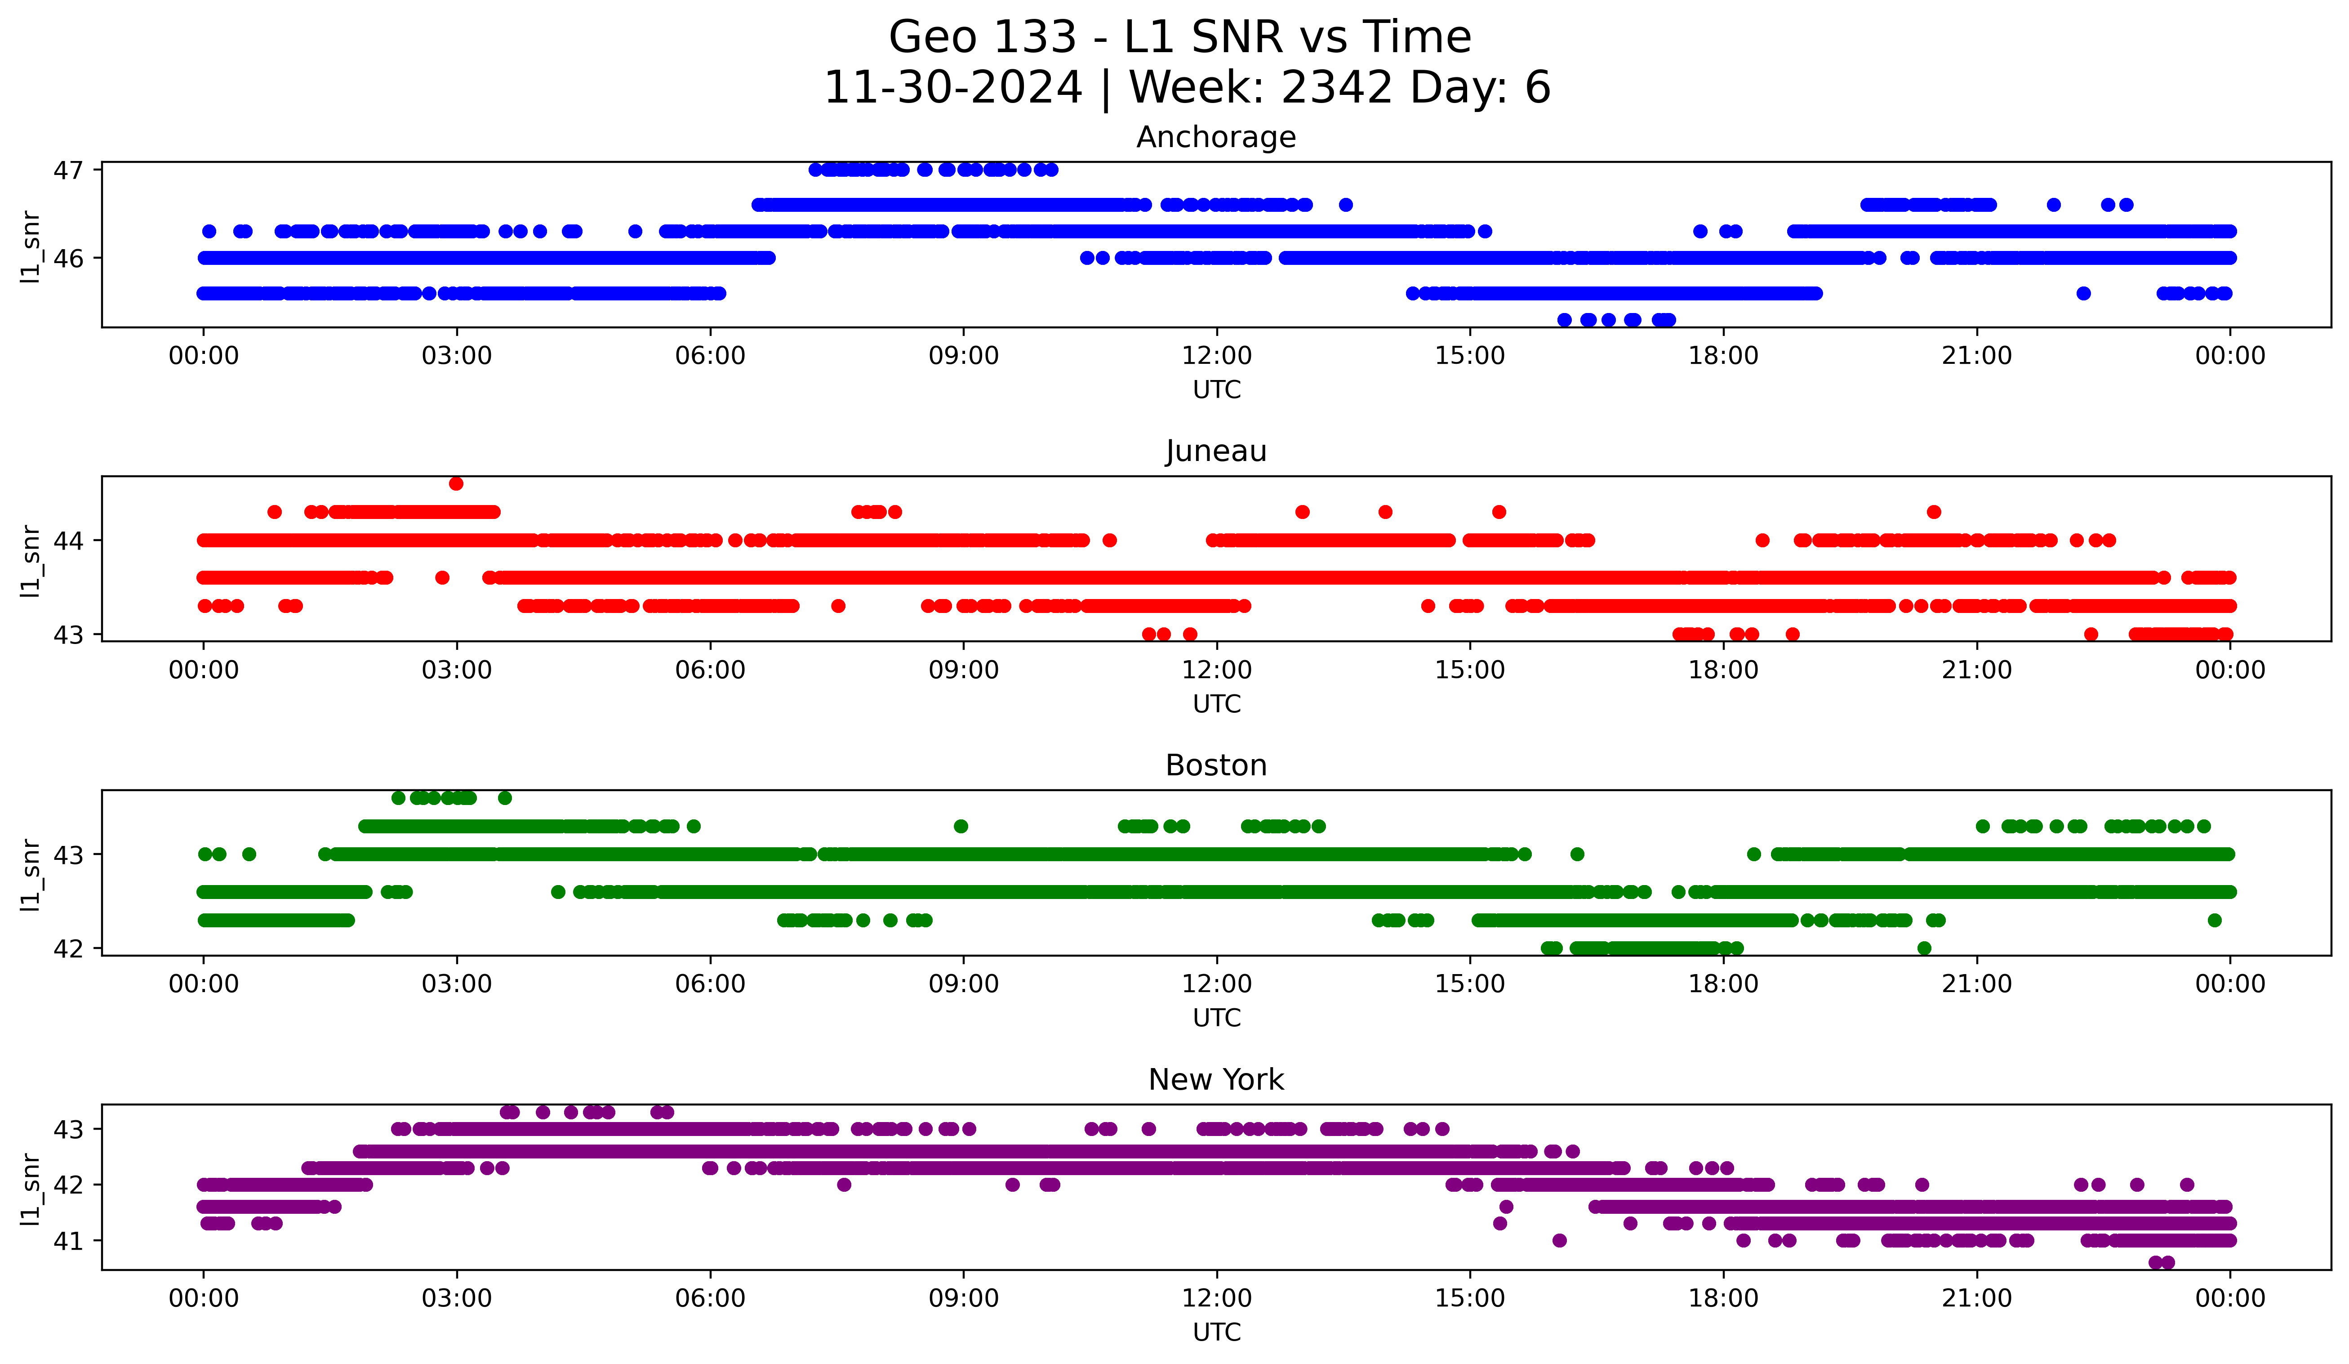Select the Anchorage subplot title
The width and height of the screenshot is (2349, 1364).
tap(1215, 137)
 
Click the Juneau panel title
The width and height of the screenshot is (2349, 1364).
tap(1215, 451)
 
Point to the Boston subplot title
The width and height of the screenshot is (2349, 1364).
tap(1215, 765)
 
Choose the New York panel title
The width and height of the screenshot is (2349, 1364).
tap(1215, 1080)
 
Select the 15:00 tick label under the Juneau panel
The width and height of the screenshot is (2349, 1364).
tap(1470, 671)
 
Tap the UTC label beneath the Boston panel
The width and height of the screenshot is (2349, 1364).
tap(1215, 1018)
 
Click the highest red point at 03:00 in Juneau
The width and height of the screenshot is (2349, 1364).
tap(456, 484)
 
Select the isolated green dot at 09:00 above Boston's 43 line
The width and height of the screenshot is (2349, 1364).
tap(961, 826)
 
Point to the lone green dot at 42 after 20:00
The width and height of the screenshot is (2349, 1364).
tap(1924, 948)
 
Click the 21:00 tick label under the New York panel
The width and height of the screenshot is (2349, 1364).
tap(1976, 1299)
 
